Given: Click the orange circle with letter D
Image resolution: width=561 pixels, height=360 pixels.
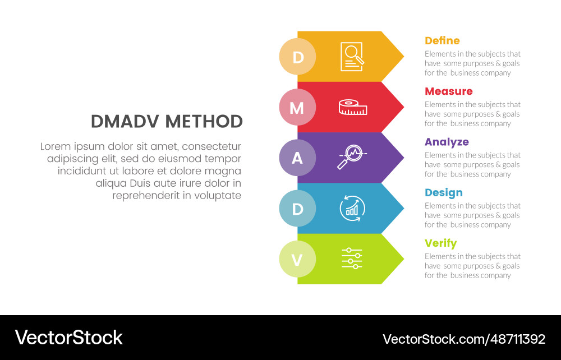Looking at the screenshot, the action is tap(297, 57).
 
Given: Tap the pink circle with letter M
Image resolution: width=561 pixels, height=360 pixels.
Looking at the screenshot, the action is tap(297, 107).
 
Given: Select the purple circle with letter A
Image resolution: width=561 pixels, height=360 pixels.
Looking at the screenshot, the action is tap(297, 158).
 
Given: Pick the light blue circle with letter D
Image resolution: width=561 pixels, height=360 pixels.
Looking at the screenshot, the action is tap(297, 209).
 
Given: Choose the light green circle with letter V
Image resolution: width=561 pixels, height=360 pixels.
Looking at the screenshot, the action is tap(297, 259).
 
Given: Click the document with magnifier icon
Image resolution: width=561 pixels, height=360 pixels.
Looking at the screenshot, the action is tap(352, 57).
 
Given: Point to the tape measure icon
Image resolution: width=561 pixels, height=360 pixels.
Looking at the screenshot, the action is tap(353, 107).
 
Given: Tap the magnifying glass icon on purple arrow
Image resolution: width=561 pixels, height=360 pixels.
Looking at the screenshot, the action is tap(352, 157).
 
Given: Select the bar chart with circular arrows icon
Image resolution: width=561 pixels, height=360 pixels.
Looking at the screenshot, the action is tap(352, 209).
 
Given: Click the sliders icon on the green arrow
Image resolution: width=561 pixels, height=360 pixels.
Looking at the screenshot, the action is tap(352, 259).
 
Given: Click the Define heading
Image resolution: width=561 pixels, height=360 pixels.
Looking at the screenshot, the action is tap(442, 40).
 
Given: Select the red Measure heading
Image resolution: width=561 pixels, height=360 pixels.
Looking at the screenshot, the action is tap(449, 91).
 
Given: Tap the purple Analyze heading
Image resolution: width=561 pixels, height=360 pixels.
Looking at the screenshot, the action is tap(447, 142).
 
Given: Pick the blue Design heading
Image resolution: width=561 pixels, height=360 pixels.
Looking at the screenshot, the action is tap(444, 193).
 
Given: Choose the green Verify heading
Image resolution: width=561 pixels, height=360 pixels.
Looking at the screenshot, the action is tap(441, 243).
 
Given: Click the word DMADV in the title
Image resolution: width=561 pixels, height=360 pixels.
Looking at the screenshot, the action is tap(125, 122).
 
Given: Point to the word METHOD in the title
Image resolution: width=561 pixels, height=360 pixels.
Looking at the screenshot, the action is tap(204, 122).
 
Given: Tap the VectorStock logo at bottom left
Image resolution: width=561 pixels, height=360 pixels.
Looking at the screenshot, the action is tap(68, 338).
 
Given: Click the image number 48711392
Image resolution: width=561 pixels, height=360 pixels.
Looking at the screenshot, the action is tap(518, 339).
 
